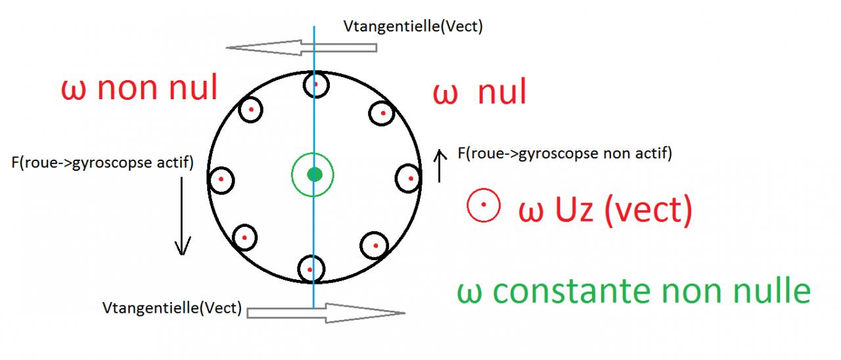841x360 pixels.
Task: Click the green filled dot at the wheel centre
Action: pos(315,174)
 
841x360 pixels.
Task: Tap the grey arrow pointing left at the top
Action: pos(302,47)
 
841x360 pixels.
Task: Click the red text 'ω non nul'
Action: pos(139,88)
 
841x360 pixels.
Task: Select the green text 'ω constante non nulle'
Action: pos(633,291)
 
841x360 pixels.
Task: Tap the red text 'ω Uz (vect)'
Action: pos(605,211)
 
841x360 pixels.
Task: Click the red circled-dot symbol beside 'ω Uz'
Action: pos(484,206)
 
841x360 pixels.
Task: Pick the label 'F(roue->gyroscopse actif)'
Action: pos(102,162)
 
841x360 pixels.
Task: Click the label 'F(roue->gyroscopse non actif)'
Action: pos(564,154)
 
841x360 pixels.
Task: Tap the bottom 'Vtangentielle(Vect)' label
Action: pos(172,307)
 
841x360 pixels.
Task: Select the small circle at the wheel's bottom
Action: pos(311,269)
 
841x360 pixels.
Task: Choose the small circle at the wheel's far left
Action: pos(221,179)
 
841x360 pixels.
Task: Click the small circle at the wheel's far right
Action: pos(409,178)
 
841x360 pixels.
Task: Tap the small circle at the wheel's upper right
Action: pos(381,114)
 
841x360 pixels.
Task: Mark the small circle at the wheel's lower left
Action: pos(244,237)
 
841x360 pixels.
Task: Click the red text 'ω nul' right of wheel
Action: pos(480,94)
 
